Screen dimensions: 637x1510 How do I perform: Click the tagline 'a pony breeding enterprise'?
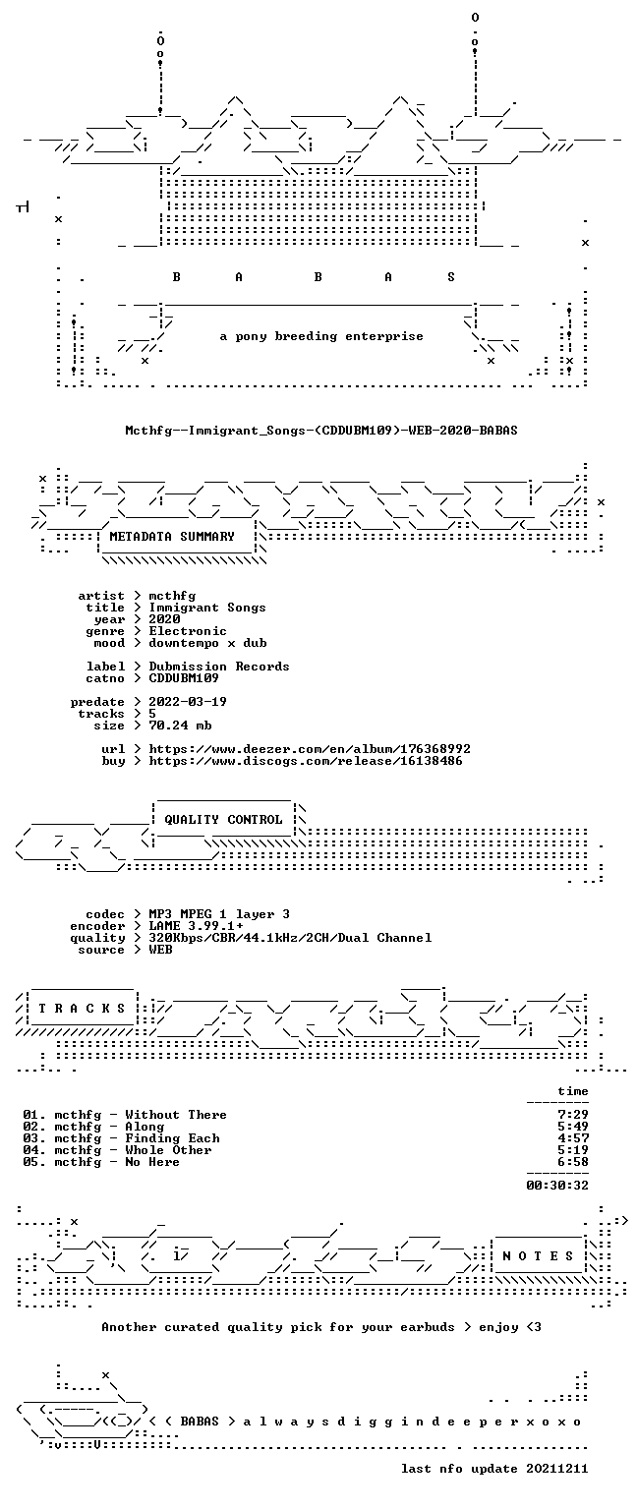pyautogui.click(x=321, y=336)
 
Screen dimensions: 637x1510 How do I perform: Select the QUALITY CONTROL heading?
pyautogui.click(x=223, y=820)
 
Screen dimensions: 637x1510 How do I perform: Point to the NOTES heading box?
pyautogui.click(x=538, y=1255)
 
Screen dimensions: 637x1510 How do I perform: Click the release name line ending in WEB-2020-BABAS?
pyautogui.click(x=321, y=430)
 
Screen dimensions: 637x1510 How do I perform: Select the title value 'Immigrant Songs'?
pyautogui.click(x=207, y=608)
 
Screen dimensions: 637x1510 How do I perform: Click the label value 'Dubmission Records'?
pyautogui.click(x=219, y=667)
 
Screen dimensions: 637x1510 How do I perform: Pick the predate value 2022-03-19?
pyautogui.click(x=188, y=702)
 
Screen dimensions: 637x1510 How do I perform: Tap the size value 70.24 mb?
pyautogui.click(x=180, y=726)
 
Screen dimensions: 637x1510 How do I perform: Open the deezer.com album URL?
pyautogui.click(x=310, y=749)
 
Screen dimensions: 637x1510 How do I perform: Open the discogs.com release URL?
pyautogui.click(x=306, y=761)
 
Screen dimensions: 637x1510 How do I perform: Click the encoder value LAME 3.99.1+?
pyautogui.click(x=196, y=926)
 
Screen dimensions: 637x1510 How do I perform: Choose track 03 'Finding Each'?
pyautogui.click(x=121, y=1138)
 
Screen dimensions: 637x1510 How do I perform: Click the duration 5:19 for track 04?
pyautogui.click(x=573, y=1150)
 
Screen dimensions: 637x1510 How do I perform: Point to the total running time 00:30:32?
pyautogui.click(x=557, y=1185)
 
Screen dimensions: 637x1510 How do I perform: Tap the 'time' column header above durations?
pyautogui.click(x=573, y=1091)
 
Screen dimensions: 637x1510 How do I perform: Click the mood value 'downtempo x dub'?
pyautogui.click(x=207, y=643)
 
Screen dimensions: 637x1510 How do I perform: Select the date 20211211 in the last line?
pyautogui.click(x=556, y=1469)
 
